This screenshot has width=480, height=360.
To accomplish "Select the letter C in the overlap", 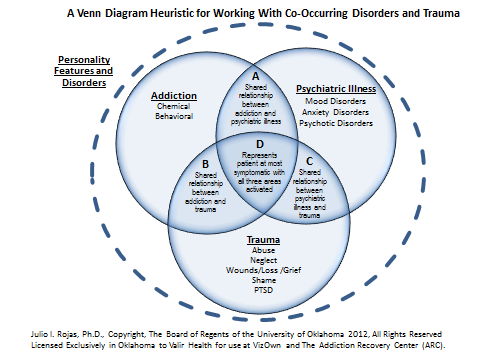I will pos(309,159).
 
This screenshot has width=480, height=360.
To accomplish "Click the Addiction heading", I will pos(174,97).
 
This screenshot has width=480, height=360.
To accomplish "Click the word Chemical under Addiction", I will pos(174,108).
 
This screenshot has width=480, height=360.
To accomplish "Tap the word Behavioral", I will pos(174,118).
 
